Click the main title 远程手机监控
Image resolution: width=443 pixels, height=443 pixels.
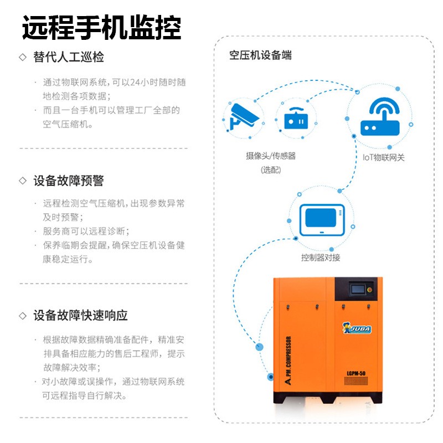[102, 28]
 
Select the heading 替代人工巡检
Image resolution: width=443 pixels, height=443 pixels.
[69, 57]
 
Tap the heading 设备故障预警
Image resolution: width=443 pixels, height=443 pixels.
[69, 181]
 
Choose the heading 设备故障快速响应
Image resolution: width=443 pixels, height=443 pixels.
[80, 316]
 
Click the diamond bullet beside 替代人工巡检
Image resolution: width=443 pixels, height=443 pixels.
[23, 57]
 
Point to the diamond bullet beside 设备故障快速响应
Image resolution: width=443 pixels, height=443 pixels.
[23, 316]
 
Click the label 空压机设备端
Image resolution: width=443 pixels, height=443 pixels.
[260, 55]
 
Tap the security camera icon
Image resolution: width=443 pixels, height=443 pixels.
[244, 117]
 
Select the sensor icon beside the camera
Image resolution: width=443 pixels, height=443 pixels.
[296, 119]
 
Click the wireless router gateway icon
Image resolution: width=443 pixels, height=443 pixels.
[380, 117]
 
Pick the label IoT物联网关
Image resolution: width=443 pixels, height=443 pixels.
[383, 157]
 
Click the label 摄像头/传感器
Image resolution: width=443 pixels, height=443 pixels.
[271, 156]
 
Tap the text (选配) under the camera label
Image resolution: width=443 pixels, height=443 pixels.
[271, 170]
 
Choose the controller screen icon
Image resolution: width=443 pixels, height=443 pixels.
[322, 220]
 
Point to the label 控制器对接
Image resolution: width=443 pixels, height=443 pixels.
[321, 257]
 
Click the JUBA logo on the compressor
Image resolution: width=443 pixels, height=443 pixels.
[357, 328]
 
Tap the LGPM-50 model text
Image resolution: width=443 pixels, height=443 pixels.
[356, 373]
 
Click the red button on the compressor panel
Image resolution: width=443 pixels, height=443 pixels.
[369, 290]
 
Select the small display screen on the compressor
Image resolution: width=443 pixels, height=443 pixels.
[358, 289]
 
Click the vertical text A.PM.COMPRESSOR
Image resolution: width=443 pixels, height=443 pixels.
[288, 360]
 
